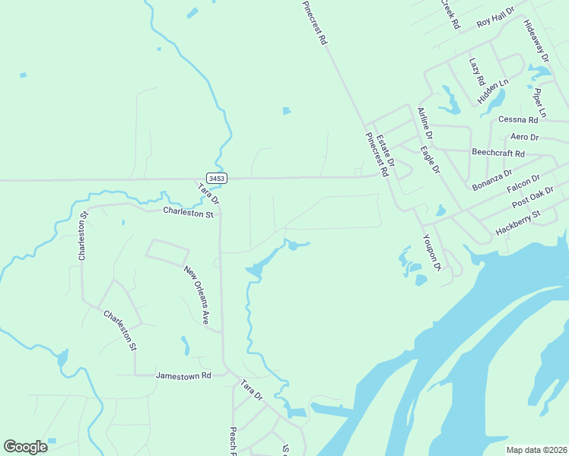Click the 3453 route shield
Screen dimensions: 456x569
(x=217, y=179)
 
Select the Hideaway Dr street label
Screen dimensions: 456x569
(x=536, y=41)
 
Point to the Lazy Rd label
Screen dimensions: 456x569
(x=476, y=71)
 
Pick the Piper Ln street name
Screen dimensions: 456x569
(x=540, y=103)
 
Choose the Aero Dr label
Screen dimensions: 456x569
(x=524, y=138)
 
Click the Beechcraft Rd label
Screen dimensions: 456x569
(x=498, y=153)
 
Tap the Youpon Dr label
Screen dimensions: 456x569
(x=431, y=252)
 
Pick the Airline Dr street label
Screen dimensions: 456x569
(x=424, y=122)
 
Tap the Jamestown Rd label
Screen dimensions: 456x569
(x=183, y=375)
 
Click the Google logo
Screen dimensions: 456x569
(x=26, y=447)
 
